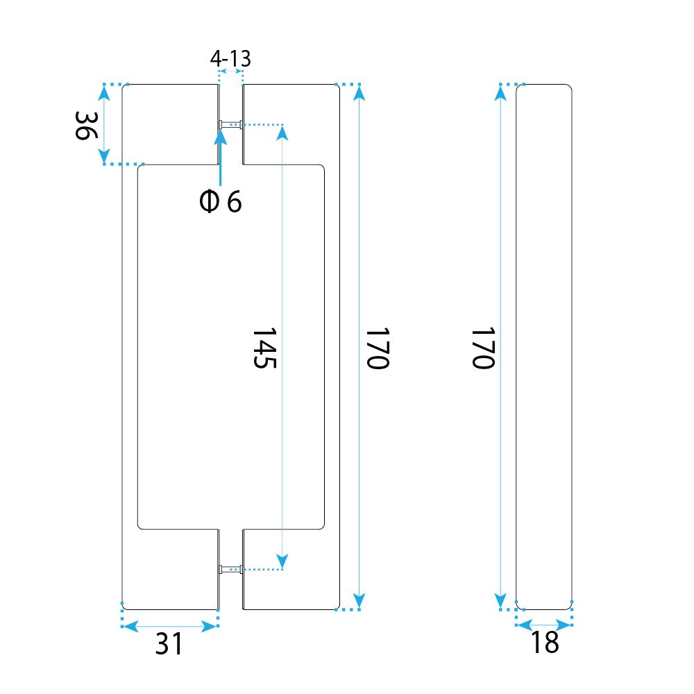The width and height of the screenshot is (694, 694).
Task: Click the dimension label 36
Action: pos(86,125)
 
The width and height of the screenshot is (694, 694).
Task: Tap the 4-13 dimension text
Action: pos(230,58)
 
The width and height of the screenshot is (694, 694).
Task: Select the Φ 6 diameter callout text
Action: pos(221,201)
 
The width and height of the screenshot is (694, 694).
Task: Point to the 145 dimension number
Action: pos(264,348)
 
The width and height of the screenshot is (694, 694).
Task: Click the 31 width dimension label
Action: pos(169,643)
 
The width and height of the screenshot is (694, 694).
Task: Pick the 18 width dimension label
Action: pos(544,642)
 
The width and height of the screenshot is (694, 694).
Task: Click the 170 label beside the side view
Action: pos(483,348)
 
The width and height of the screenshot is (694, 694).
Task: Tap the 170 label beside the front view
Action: pos(378,348)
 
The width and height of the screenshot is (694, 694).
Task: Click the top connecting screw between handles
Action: pos(230,125)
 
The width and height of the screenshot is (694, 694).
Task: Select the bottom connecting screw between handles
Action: pos(230,570)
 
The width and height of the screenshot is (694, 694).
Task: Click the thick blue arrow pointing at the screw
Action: pos(220,156)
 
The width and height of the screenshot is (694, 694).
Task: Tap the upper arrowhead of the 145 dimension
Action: pos(282,133)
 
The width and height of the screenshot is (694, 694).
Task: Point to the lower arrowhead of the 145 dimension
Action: pos(282,561)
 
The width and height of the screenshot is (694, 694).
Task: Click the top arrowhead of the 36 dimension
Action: pos(104,92)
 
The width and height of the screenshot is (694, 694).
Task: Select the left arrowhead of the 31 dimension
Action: pos(130,626)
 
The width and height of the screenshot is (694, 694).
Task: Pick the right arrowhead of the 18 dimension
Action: pos(564,625)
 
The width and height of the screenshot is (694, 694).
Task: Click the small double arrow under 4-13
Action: pos(230,71)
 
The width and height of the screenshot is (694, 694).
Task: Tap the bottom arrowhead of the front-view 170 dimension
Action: pos(359,601)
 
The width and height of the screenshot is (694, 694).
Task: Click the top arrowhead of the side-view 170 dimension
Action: pos(500,93)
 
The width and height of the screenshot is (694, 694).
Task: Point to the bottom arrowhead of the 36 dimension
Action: pos(104,156)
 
